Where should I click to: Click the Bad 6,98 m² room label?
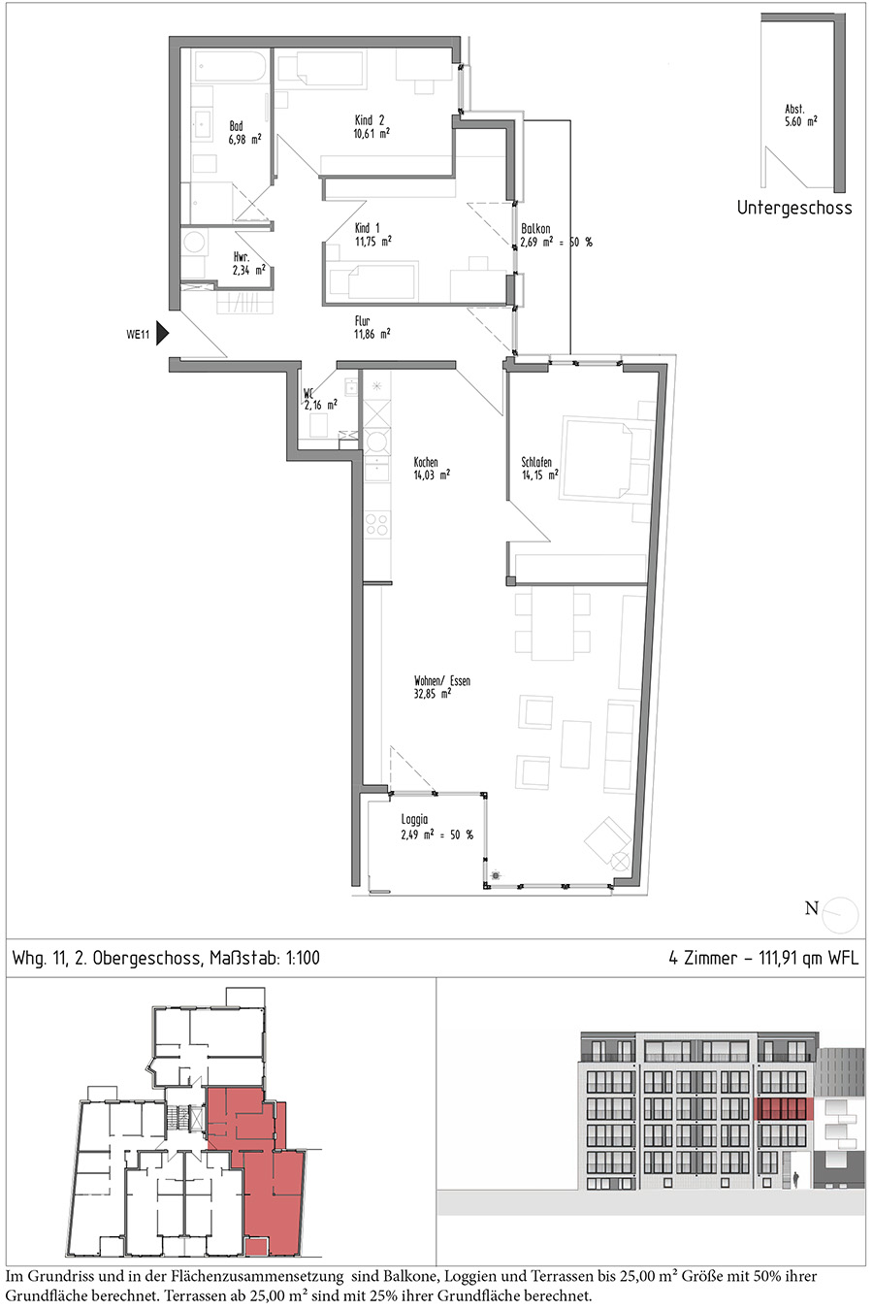(x=245, y=133)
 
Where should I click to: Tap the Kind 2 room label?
(x=371, y=120)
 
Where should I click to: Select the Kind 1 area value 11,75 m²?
(x=373, y=241)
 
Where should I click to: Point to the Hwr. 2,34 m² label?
(x=249, y=263)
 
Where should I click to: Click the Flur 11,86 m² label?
(x=372, y=328)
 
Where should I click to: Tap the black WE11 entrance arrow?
(x=163, y=335)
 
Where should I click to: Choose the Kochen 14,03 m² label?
(x=432, y=469)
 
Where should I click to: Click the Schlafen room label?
(x=536, y=462)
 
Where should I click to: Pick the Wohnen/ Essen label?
(x=442, y=681)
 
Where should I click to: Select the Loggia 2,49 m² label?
(x=436, y=828)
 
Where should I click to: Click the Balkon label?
(x=535, y=229)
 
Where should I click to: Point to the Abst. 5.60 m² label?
(x=800, y=115)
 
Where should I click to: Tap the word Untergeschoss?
(x=794, y=208)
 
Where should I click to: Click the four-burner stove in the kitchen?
(x=376, y=525)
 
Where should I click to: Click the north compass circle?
(x=840, y=915)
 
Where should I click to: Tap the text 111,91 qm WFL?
(x=809, y=958)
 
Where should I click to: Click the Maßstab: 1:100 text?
(x=264, y=958)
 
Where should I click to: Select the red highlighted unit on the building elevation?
(x=784, y=1109)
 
